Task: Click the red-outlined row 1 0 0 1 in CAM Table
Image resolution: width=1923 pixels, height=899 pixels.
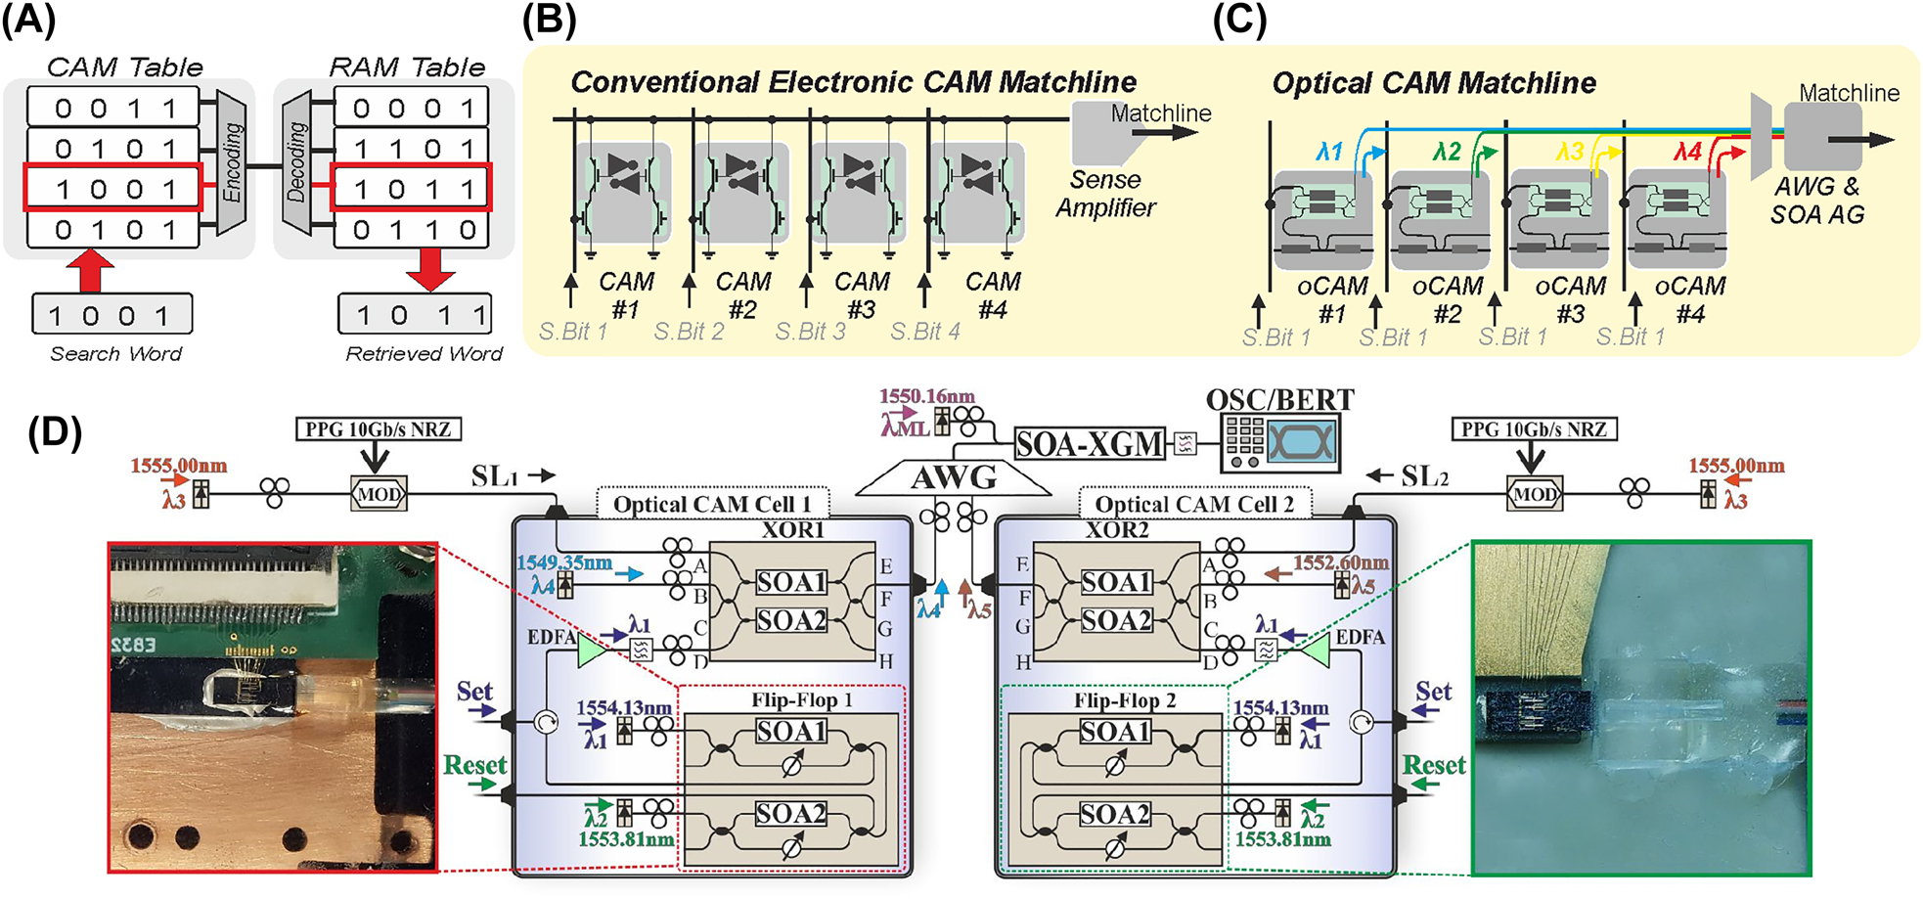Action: coord(112,188)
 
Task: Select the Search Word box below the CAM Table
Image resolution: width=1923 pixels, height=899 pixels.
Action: coord(112,315)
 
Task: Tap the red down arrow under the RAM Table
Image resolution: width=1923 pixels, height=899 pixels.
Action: coord(430,269)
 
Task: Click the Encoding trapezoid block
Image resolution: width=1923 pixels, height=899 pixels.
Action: coord(232,162)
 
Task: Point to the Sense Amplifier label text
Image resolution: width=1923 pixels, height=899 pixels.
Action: coord(1105,194)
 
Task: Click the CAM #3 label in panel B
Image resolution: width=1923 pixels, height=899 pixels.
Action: coord(862,295)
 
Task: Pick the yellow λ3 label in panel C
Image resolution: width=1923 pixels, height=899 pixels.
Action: coord(1570,152)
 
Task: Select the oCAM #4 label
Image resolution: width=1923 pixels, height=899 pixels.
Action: coord(1690,299)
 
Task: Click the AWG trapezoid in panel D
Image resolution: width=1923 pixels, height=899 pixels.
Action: coord(954,477)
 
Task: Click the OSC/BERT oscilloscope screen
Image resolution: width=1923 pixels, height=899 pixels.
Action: coord(1301,442)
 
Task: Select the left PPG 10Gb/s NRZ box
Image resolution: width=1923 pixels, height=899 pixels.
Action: coord(378,429)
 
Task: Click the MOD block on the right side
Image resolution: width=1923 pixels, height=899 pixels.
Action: coord(1534,494)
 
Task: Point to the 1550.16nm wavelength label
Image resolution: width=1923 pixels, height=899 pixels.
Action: coord(926,396)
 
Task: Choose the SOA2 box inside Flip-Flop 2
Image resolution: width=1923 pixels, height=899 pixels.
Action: coord(1115,814)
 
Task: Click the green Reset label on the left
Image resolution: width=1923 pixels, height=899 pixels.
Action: coord(475,765)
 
